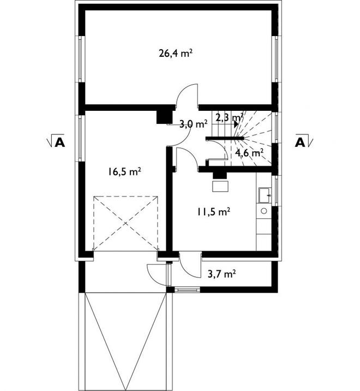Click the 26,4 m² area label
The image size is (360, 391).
coord(176,54)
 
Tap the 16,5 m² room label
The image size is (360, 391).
coord(124,171)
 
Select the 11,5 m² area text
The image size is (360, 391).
coord(213,212)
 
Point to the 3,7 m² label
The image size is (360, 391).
coord(222,274)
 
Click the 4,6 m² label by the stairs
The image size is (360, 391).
coord(249,153)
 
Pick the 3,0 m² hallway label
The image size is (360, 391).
coord(194,124)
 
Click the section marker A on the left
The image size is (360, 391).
coord(57,141)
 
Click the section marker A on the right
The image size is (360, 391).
coord(304,141)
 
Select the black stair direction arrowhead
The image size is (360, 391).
coord(236,124)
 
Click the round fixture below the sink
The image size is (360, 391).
coord(264,211)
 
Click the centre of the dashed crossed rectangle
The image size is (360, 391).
coord(126,223)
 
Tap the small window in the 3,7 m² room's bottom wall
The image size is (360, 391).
coord(187,290)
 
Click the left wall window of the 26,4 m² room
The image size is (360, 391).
coord(80,59)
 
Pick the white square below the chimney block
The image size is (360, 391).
coord(220,186)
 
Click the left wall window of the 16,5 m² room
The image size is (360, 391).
coord(80,138)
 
